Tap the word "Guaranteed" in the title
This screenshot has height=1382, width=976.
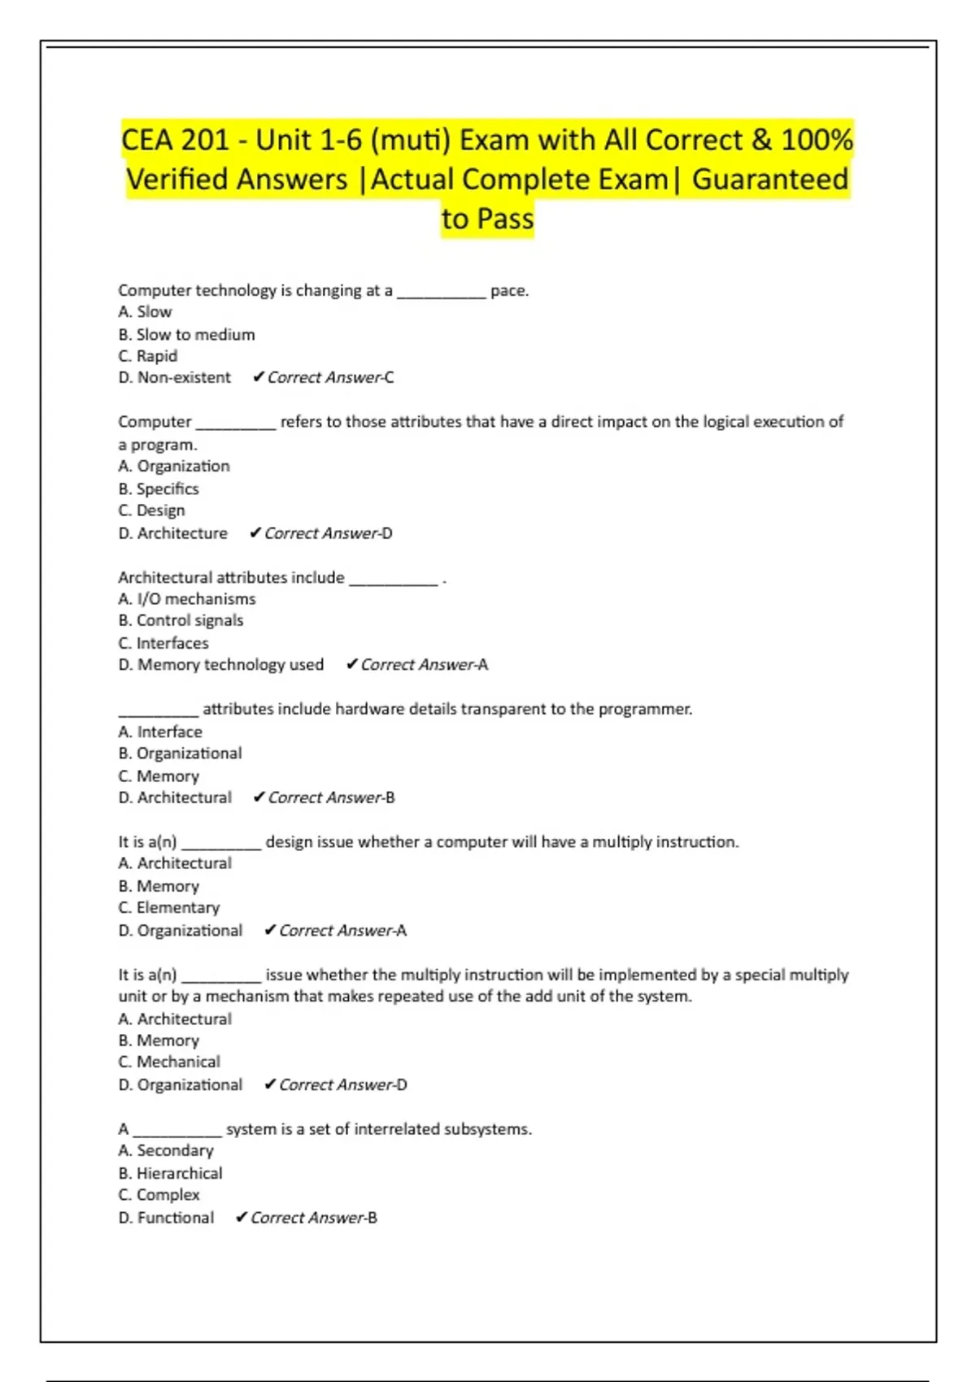pyautogui.click(x=769, y=179)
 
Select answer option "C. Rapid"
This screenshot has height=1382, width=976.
pyautogui.click(x=147, y=356)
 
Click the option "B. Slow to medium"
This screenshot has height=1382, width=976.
pyautogui.click(x=186, y=334)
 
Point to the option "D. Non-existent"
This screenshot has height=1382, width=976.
pyautogui.click(x=174, y=377)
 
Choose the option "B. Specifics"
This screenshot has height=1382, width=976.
pyautogui.click(x=158, y=489)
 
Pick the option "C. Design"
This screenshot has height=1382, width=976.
pyautogui.click(x=151, y=511)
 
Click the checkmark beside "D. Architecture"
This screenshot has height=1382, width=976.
pyautogui.click(x=255, y=532)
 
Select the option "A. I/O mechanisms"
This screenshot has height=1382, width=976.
pyautogui.click(x=186, y=599)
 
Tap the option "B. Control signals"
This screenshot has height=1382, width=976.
pyautogui.click(x=181, y=620)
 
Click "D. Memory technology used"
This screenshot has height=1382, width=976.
pyautogui.click(x=220, y=665)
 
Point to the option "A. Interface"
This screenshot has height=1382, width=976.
pyautogui.click(x=159, y=732)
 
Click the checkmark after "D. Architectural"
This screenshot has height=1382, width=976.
pyautogui.click(x=259, y=797)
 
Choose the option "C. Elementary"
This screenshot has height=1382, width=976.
pyautogui.click(x=168, y=908)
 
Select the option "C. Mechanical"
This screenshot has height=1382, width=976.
pyautogui.click(x=168, y=1062)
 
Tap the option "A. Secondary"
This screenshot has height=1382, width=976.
pyautogui.click(x=165, y=1150)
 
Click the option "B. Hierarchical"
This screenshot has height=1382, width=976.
pyautogui.click(x=170, y=1173)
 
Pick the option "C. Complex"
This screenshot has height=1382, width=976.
pyautogui.click(x=159, y=1195)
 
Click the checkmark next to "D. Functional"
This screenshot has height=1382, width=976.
pyautogui.click(x=242, y=1217)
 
